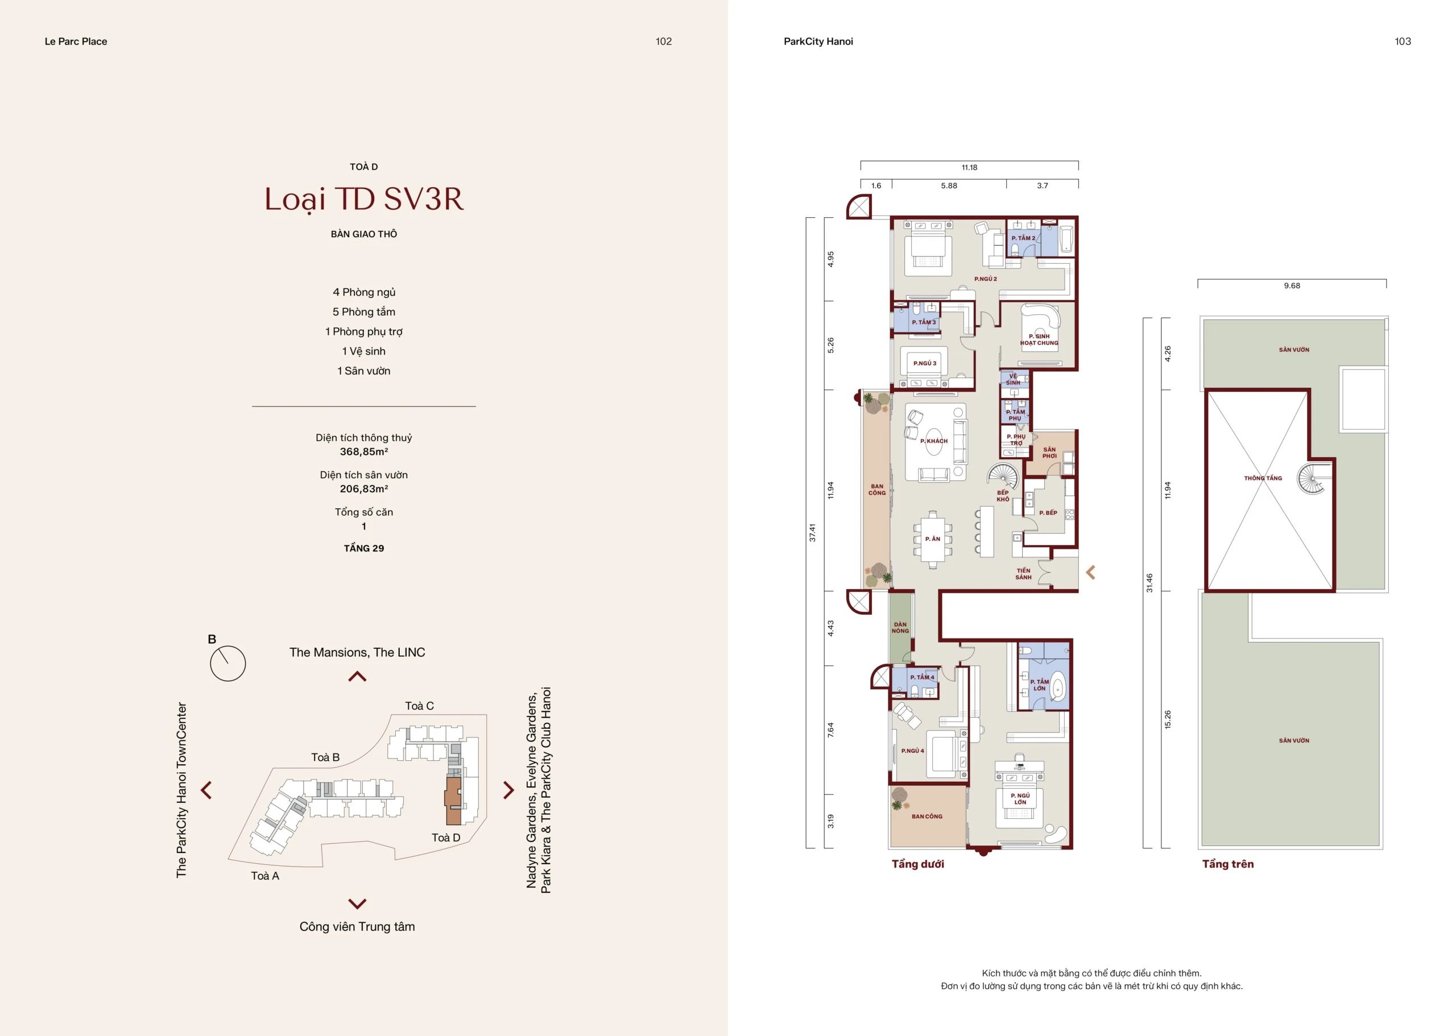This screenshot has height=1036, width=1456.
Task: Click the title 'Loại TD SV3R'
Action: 363,199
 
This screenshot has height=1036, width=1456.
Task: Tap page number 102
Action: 663,42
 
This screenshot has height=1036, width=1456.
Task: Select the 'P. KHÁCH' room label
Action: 933,441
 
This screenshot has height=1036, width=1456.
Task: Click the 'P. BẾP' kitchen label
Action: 1048,513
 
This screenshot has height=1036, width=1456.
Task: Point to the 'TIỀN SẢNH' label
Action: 1023,574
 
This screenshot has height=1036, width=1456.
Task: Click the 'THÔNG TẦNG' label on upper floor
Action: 1262,478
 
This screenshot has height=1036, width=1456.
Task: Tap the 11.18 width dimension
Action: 969,168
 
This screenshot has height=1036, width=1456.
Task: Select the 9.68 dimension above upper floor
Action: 1292,286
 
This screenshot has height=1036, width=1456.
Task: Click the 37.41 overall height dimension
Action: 812,533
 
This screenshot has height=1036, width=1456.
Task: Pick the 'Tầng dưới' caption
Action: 917,864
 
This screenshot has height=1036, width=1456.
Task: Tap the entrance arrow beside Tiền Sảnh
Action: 1090,572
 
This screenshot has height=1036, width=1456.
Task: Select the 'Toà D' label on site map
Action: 445,838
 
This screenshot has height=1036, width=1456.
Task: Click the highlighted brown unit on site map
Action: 453,801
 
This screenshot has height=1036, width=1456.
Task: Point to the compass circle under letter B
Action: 227,664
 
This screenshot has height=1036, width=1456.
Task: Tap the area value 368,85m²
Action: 363,451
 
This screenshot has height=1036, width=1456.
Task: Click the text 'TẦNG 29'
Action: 363,549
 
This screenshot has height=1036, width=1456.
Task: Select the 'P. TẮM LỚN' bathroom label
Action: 1039,685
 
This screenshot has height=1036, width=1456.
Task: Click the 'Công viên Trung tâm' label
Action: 357,927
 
